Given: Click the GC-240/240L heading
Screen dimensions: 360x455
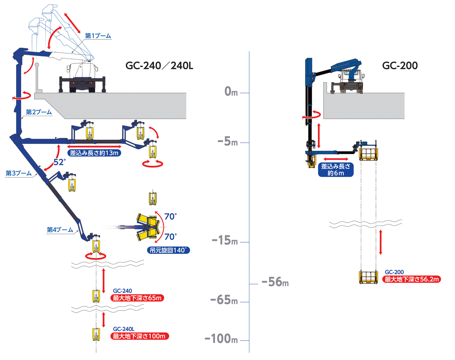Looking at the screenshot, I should tap(159, 66).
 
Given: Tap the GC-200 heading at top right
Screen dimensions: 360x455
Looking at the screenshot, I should tap(400, 66).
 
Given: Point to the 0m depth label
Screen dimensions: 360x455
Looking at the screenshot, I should tap(231, 92).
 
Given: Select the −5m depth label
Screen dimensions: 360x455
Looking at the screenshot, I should tap(227, 141).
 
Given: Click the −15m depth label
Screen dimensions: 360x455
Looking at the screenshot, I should tap(225, 241).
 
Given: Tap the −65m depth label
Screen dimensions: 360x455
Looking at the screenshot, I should tap(224, 300).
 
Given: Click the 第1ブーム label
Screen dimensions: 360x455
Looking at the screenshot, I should tap(98, 36).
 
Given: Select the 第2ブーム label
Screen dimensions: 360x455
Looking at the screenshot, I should tap(39, 112).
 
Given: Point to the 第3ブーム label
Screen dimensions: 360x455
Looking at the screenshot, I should tap(19, 173).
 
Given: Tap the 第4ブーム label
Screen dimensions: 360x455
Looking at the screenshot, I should tap(60, 230).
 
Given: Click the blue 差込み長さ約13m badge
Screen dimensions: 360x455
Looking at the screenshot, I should tap(94, 153).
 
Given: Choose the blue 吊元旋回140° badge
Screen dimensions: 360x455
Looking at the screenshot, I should tap(168, 250).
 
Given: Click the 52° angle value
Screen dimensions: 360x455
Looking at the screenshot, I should tap(59, 162).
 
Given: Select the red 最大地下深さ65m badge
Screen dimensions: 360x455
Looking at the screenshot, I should tap(137, 298).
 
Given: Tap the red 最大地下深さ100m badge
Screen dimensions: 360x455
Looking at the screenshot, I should tap(139, 336).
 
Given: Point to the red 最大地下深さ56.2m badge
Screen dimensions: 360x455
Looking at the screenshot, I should tap(412, 279).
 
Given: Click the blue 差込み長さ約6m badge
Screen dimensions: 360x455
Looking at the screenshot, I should tap(336, 170).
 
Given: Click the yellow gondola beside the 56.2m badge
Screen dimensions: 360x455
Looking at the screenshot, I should tap(368, 277).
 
